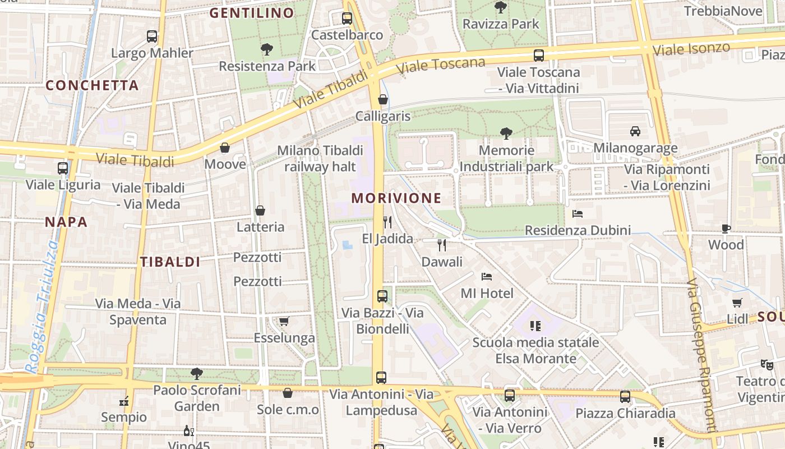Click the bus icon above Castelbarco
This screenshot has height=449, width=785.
pos(347,18)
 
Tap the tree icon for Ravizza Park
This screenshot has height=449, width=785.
pos(501,7)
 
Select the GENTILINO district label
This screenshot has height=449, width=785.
pos(252,13)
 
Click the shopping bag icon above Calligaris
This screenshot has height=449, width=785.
pos(383,99)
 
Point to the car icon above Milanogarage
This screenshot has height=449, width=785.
pos(635,131)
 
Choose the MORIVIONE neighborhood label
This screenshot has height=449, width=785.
pos(396,198)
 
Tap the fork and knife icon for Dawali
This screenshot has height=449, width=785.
pos(442,245)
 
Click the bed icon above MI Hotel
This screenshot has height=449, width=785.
pos(487,276)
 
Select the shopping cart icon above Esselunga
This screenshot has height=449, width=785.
pos(284,321)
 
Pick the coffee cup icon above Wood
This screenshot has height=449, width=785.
pos(726,228)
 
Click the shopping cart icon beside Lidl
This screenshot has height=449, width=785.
pos(737,303)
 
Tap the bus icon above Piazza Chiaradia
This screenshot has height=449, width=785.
pos(625,396)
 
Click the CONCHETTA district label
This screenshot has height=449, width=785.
pos(92,85)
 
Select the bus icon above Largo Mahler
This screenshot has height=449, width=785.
pos(152,36)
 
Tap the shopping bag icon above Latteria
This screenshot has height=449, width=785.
pos(260,210)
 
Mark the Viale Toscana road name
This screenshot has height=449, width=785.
pos(440,65)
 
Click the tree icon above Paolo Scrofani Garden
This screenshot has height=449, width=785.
pos(196,373)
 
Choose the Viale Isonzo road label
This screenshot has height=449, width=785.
pos(691,49)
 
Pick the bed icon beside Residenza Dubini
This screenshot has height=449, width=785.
pos(578,213)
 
